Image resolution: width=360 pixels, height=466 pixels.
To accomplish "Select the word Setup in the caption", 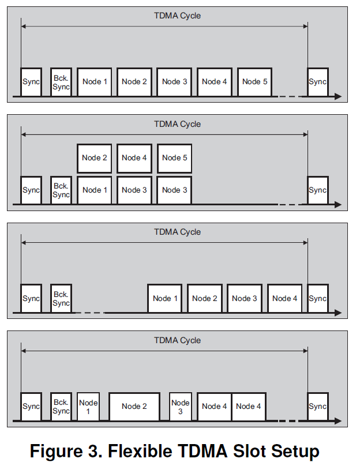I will (293, 451).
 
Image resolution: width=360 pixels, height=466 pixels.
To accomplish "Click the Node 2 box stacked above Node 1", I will (95, 157).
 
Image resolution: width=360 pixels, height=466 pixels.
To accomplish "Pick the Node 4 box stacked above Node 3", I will (134, 157).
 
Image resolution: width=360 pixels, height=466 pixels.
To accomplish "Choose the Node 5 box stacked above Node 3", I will (174, 157).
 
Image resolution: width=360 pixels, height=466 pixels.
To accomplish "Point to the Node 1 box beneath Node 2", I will (95, 190).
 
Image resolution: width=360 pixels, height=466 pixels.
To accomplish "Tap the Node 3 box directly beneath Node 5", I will (174, 190).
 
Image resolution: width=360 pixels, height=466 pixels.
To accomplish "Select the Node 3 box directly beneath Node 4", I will (134, 190).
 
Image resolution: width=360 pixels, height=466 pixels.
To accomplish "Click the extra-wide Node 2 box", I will (134, 406).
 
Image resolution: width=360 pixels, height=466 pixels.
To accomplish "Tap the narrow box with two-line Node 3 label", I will (180, 406).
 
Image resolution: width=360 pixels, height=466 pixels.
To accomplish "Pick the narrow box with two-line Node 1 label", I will (88, 406).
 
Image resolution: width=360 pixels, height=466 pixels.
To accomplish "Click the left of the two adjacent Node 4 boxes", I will (214, 406).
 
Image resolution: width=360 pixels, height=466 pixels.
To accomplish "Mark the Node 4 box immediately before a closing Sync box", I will (284, 298).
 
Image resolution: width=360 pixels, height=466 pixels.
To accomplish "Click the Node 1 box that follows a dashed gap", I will (165, 298).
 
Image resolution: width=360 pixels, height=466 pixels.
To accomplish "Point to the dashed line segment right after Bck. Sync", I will (89, 313).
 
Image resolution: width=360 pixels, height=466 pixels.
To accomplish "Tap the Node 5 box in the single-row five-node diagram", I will (254, 81).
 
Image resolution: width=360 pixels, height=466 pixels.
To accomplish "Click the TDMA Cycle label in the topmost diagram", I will (177, 16).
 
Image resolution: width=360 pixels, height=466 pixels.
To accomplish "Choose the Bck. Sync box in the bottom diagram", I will (61, 406).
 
